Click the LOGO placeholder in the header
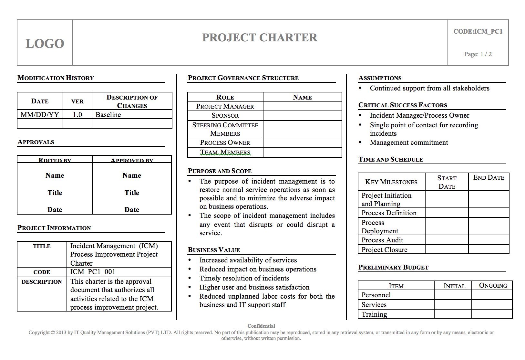[x=45, y=44]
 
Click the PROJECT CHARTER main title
[x=260, y=37]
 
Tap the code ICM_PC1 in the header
[x=478, y=31]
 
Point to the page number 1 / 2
[x=478, y=54]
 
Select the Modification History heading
[x=56, y=78]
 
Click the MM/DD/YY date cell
[x=40, y=115]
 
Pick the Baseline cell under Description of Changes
[x=108, y=115]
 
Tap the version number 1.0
[x=77, y=115]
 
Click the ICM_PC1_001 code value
[x=93, y=272]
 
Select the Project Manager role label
[x=225, y=106]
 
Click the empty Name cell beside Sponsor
[x=302, y=116]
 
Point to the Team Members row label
[x=225, y=152]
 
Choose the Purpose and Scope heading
[x=220, y=171]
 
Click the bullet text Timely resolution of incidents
[x=244, y=278]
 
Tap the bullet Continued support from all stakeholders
[x=429, y=88]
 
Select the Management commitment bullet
[x=409, y=143]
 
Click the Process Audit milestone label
[x=382, y=240]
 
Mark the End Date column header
[x=489, y=177]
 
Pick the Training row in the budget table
[x=374, y=314]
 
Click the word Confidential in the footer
[x=261, y=326]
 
